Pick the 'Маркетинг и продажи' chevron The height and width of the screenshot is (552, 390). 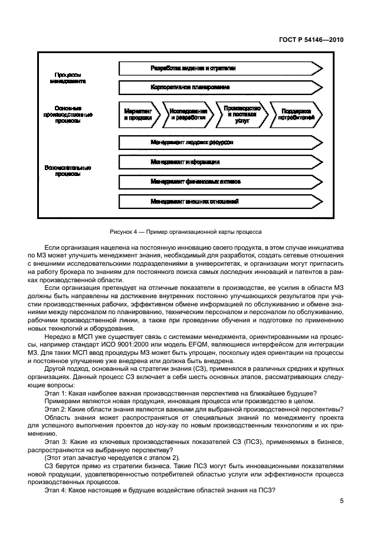[138, 115]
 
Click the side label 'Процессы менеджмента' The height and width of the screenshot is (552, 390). [68, 79]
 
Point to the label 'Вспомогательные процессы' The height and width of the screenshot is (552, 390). [68, 171]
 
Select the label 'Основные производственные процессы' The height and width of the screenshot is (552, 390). [68, 115]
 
